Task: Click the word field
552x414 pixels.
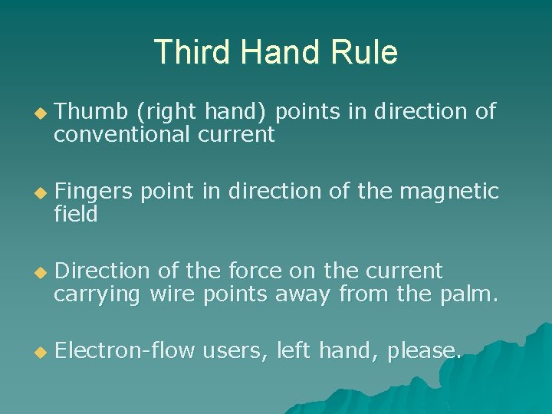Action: [x=76, y=215]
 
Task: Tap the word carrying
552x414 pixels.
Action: [x=97, y=294]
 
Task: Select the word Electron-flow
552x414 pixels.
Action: [x=126, y=351]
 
